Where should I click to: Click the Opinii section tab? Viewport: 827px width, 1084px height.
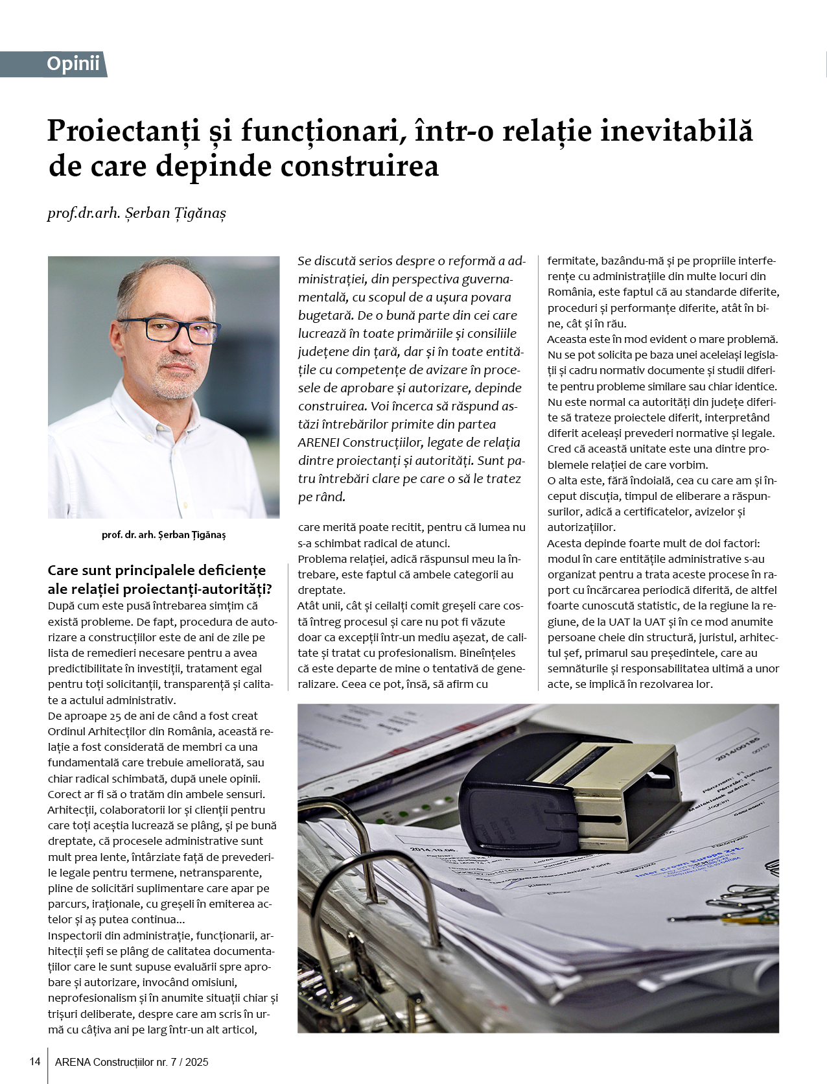tap(73, 64)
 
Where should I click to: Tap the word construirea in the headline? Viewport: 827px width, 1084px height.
tap(360, 166)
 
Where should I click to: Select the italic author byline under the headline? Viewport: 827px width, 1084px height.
tap(137, 213)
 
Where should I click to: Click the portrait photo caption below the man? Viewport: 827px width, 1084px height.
tap(163, 535)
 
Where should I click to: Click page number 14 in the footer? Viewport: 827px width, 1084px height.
tap(35, 1061)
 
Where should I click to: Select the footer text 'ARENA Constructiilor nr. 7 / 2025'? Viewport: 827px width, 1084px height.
tap(132, 1062)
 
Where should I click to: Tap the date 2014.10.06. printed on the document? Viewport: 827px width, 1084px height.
tap(432, 850)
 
